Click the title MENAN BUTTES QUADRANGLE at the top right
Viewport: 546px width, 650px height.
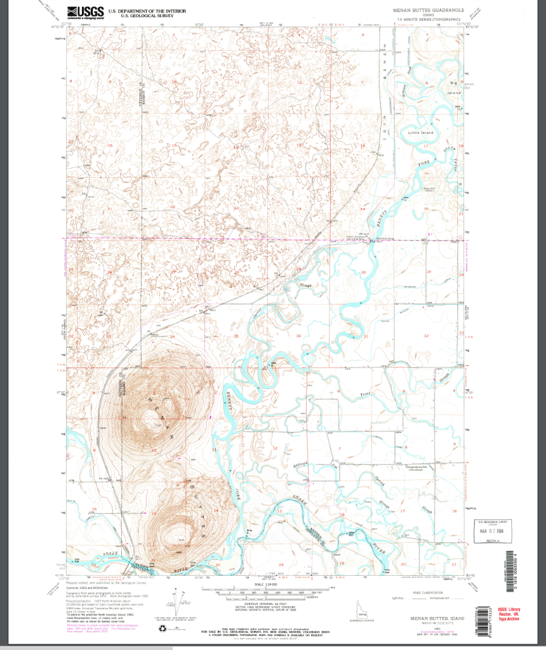pyautogui.click(x=429, y=11)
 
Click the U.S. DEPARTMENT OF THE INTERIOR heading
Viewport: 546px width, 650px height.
pyautogui.click(x=147, y=11)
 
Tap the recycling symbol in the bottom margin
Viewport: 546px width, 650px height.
pyautogui.click(x=162, y=628)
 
